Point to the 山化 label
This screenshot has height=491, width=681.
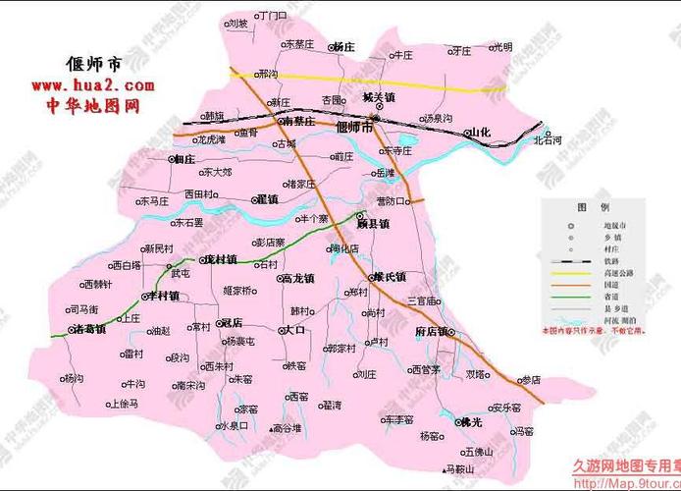pyautogui.click(x=478, y=132)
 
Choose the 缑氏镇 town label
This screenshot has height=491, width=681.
pyautogui.click(x=390, y=277)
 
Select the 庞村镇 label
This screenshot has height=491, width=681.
pyautogui.click(x=219, y=260)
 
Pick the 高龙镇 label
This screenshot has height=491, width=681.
pyautogui.click(x=296, y=278)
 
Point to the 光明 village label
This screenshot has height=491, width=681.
pyautogui.click(x=501, y=46)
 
